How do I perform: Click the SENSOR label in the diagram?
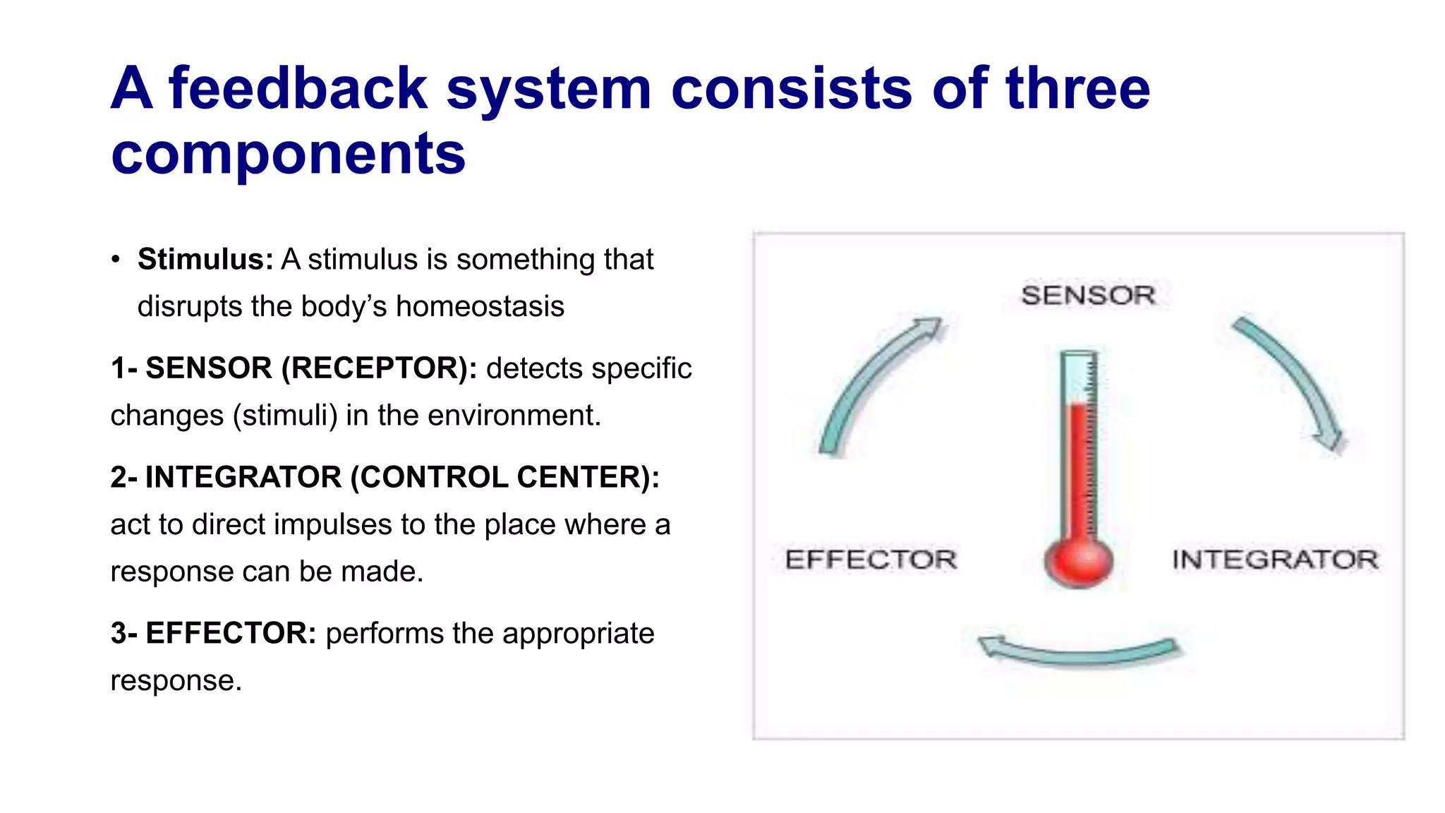coord(1087,295)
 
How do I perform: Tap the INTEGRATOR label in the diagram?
coord(1274,560)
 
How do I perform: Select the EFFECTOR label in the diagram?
coord(871,560)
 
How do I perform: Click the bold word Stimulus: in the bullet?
coord(205,259)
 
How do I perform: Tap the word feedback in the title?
coord(298,89)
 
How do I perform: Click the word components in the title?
coord(288,154)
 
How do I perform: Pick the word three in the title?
coord(1077,89)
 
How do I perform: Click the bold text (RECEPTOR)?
coord(379,368)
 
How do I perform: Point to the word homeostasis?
coord(480,307)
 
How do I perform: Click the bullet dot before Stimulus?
coord(116,260)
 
